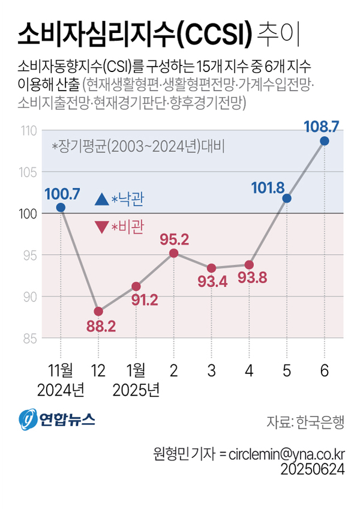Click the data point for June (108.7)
click(x=325, y=140)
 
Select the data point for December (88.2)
click(x=98, y=311)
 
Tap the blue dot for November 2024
click(x=61, y=208)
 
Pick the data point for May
click(x=287, y=198)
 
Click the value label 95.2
click(x=175, y=239)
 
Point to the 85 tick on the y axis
click(x=30, y=339)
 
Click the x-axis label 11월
click(x=60, y=372)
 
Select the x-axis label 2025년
click(x=136, y=391)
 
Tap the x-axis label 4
click(x=249, y=372)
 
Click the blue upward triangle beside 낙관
click(x=101, y=198)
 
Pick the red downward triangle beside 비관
click(x=101, y=227)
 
